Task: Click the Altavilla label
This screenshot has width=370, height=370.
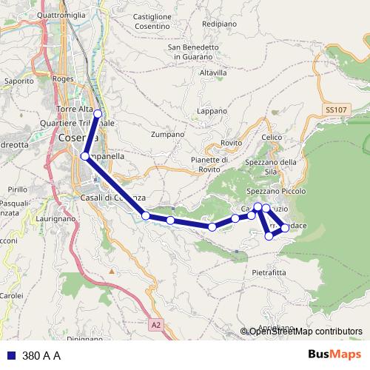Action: pyautogui.click(x=213, y=73)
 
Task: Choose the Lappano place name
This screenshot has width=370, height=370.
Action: pyautogui.click(x=212, y=111)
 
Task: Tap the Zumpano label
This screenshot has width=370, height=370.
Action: pyautogui.click(x=166, y=135)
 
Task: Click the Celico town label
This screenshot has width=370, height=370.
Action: pyautogui.click(x=272, y=138)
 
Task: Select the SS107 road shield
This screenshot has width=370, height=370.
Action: pyautogui.click(x=335, y=110)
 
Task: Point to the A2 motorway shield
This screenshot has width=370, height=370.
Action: pyautogui.click(x=155, y=324)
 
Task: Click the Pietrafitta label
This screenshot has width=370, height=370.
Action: pyautogui.click(x=269, y=272)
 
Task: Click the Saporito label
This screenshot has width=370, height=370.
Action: pyautogui.click(x=18, y=80)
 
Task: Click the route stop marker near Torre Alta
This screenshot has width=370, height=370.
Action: pyautogui.click(x=97, y=112)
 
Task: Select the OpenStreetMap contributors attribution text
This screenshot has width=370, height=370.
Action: pyautogui.click(x=306, y=332)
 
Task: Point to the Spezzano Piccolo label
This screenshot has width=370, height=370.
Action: pyautogui.click(x=276, y=191)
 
